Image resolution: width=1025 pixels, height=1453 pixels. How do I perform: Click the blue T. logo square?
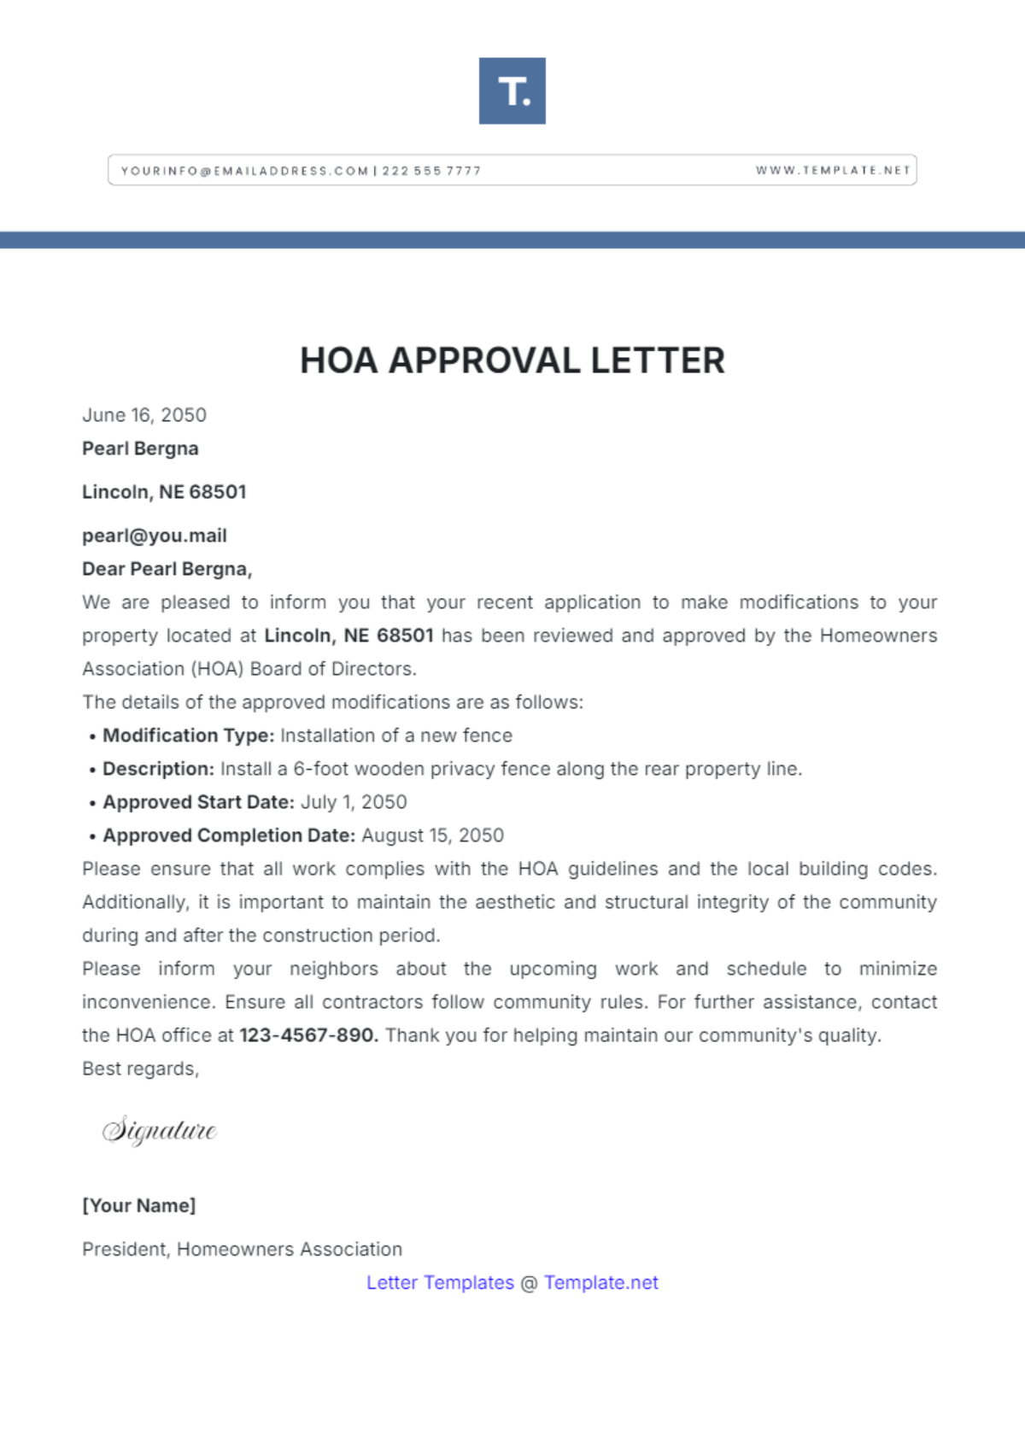pos(512,91)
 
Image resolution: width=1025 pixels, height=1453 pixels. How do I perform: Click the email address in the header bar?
pos(244,171)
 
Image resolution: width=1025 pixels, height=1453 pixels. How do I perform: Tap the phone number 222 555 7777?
pos(431,171)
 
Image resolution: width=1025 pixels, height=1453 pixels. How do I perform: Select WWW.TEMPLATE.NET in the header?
pos(832,170)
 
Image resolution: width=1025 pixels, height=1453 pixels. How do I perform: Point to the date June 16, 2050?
pos(144,415)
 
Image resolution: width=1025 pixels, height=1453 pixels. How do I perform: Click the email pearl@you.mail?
pos(155,536)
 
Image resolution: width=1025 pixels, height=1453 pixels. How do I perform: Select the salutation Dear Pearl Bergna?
pos(167,569)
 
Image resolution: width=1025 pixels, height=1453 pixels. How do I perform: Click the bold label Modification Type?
pos(188,735)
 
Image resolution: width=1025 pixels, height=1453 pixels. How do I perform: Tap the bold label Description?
pos(158,769)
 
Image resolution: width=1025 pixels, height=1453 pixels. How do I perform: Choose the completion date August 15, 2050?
pos(432,835)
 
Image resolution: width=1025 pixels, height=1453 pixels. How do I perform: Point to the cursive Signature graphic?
pos(160,1130)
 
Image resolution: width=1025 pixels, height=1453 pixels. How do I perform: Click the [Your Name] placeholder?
pos(139,1205)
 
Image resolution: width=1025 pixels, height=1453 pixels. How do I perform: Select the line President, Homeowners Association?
pos(242,1249)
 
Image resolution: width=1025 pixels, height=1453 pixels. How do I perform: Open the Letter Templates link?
pos(440,1282)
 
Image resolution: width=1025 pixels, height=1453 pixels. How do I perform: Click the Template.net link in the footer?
pos(600,1282)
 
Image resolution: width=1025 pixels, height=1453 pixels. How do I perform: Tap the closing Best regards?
pos(140,1069)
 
